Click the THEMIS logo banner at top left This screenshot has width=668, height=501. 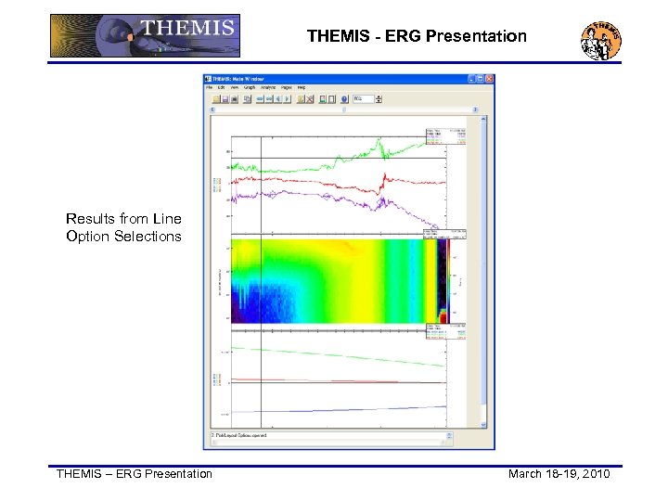(144, 36)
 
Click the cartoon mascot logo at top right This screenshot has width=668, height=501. (600, 39)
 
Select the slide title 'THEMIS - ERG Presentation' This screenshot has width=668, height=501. (417, 37)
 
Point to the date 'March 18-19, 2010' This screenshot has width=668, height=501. (559, 474)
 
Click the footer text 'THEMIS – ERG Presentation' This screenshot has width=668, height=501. (135, 474)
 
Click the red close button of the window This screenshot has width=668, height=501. (489, 79)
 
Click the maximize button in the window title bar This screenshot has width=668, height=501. (480, 79)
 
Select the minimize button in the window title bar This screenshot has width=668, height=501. (470, 79)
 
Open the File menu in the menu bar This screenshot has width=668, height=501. (211, 88)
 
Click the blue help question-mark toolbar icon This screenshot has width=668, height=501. (344, 98)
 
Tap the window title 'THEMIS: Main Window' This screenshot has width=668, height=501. (238, 79)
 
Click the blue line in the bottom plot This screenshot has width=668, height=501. (371, 409)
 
